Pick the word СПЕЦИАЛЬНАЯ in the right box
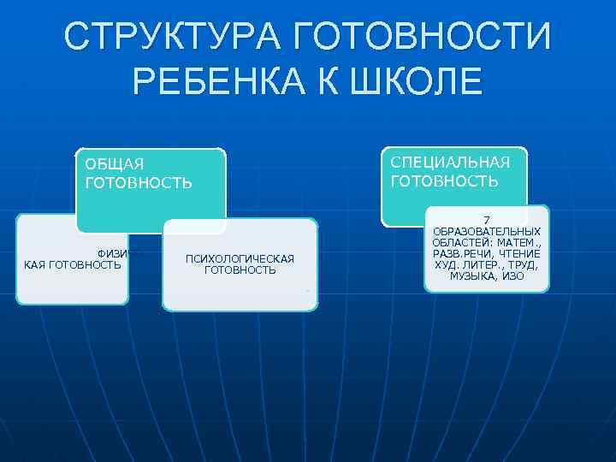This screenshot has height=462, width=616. [x=450, y=163]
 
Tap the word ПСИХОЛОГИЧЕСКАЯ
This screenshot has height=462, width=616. [x=240, y=258]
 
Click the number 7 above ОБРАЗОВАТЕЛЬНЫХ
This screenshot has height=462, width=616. [x=487, y=221]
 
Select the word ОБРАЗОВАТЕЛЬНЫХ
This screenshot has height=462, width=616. [x=487, y=232]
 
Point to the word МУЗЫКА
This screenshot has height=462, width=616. [x=475, y=276]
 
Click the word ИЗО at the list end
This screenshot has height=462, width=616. [x=513, y=276]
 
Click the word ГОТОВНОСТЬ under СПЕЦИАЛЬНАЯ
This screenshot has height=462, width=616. [x=444, y=181]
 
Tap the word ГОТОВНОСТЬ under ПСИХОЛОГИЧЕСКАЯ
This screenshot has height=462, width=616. [x=240, y=270]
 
